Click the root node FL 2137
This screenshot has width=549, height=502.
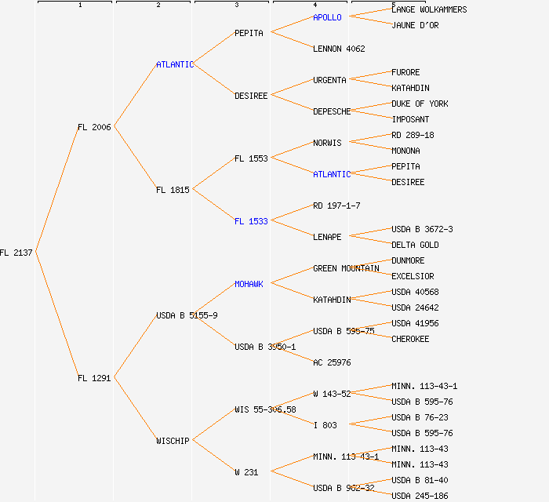[16, 253]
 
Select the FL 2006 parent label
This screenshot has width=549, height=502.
[94, 127]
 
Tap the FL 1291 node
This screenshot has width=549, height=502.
[94, 378]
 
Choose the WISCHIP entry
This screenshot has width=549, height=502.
[173, 441]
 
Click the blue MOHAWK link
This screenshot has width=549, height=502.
[249, 284]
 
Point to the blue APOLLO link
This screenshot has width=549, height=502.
[327, 17]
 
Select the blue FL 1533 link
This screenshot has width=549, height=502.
[251, 221]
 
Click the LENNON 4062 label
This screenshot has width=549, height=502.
[339, 49]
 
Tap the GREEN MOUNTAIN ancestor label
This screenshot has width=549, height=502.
[346, 268]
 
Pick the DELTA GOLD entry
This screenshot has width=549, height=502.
[415, 245]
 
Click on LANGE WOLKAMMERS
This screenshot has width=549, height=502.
[429, 9]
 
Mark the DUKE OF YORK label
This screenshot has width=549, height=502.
[420, 104]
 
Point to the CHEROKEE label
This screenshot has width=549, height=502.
[410, 339]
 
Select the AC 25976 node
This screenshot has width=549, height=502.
[332, 362]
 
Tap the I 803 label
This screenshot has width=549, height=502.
[325, 425]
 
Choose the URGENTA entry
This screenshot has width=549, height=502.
[329, 80]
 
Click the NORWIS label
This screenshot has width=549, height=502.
[327, 143]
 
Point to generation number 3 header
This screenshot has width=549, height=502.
[236, 5]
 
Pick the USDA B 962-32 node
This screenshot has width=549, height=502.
[344, 488]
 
